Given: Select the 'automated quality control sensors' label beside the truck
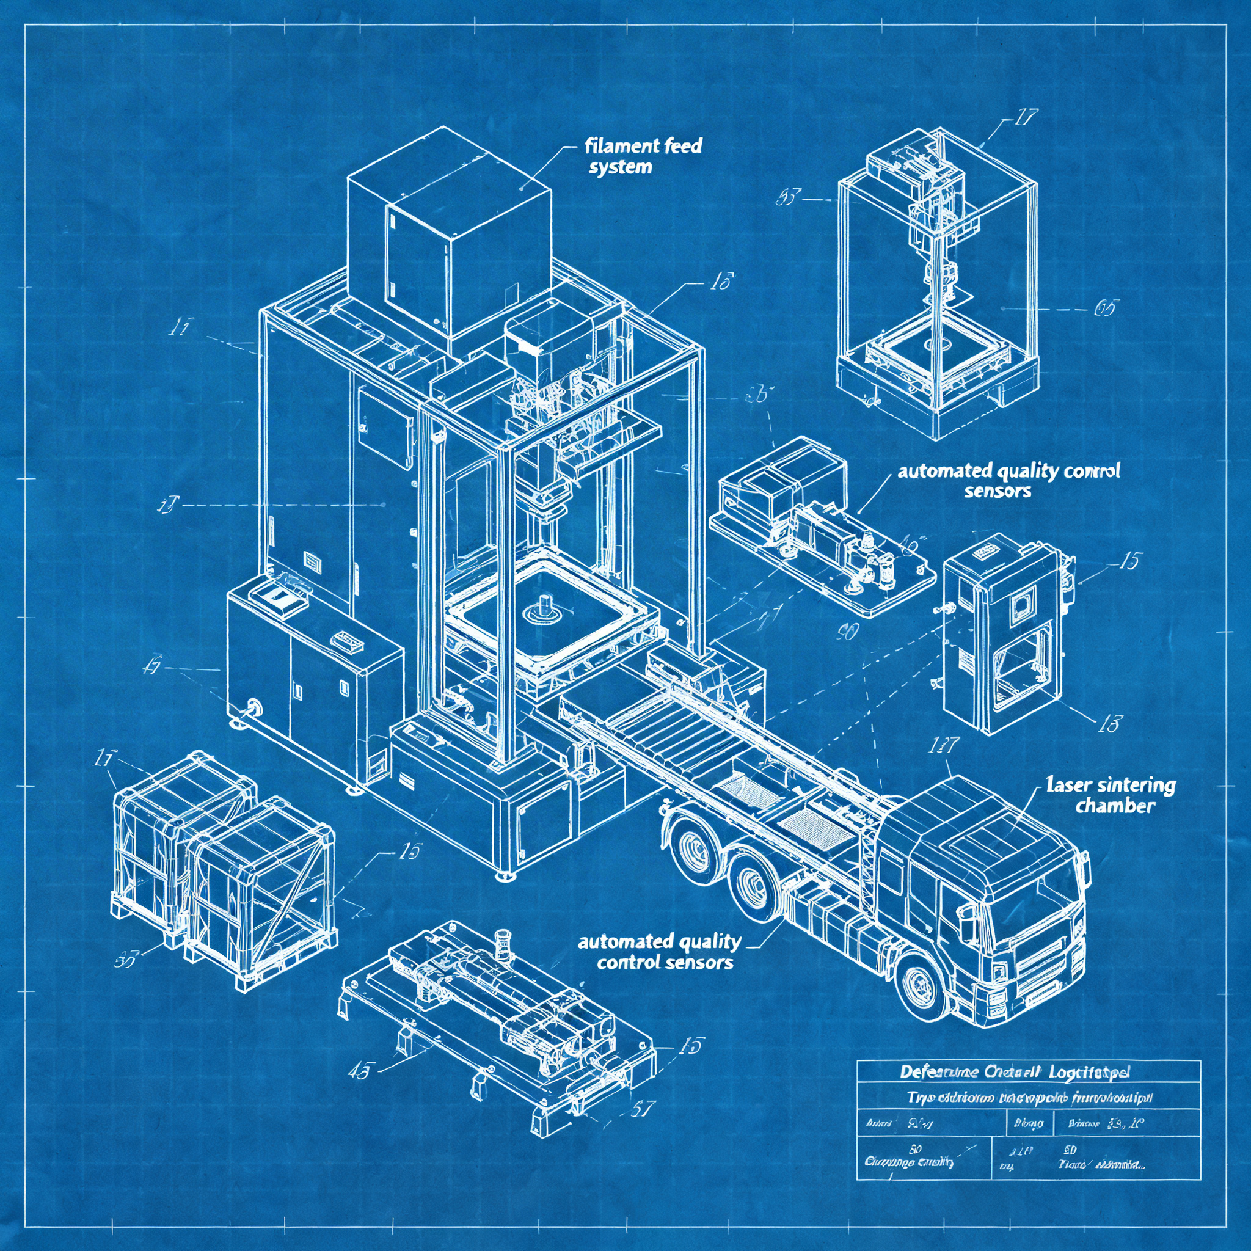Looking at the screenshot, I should (659, 951).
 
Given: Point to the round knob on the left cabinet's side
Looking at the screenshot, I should (252, 707).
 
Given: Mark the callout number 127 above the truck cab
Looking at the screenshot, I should (943, 746).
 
